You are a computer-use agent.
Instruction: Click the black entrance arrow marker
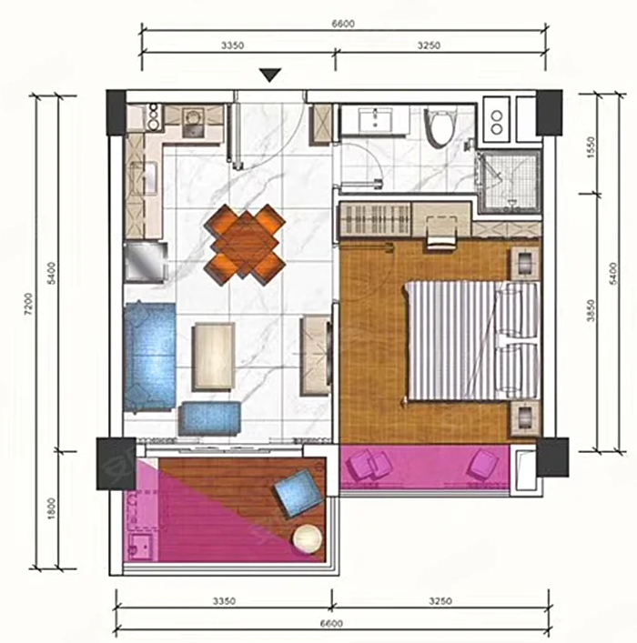pos(270,75)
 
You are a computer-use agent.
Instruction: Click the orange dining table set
pos(245,245)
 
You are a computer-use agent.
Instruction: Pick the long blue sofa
pos(149,357)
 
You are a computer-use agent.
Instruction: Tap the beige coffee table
pos(214,356)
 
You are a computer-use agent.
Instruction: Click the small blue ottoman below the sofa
pos(209,418)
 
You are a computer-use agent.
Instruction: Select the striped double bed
pos(471,340)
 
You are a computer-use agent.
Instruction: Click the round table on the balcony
pos(307,538)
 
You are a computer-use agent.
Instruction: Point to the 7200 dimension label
pos(28,304)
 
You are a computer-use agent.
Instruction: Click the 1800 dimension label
pos(51,508)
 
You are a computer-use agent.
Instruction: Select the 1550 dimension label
pos(591,147)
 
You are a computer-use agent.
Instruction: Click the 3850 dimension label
pos(591,310)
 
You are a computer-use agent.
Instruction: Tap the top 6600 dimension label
pos(343,24)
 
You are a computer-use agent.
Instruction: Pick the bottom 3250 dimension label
pos(440,601)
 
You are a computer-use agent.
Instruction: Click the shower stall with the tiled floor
pos(511,182)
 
